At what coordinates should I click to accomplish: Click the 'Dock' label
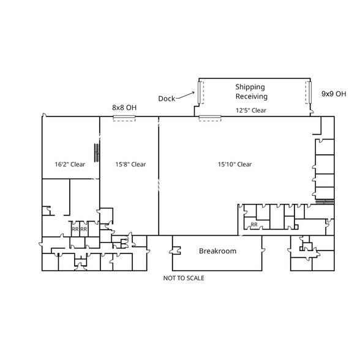[167, 99]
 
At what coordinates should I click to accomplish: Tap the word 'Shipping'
[250, 87]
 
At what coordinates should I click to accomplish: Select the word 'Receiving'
[252, 97]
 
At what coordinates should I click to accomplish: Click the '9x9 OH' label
[334, 94]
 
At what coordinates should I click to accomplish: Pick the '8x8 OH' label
[124, 107]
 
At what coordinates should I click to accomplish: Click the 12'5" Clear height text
[251, 110]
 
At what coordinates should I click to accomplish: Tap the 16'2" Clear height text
[70, 164]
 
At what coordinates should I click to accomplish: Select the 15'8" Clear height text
[130, 164]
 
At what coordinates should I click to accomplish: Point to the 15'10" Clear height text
[235, 164]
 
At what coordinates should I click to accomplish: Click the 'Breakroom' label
[217, 251]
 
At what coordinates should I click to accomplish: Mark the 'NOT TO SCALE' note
[184, 278]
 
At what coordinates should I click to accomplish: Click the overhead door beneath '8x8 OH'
[124, 118]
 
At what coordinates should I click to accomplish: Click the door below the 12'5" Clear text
[210, 116]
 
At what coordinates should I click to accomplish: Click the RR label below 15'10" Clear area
[253, 225]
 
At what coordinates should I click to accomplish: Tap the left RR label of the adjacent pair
[75, 230]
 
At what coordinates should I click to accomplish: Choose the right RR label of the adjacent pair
[84, 230]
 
